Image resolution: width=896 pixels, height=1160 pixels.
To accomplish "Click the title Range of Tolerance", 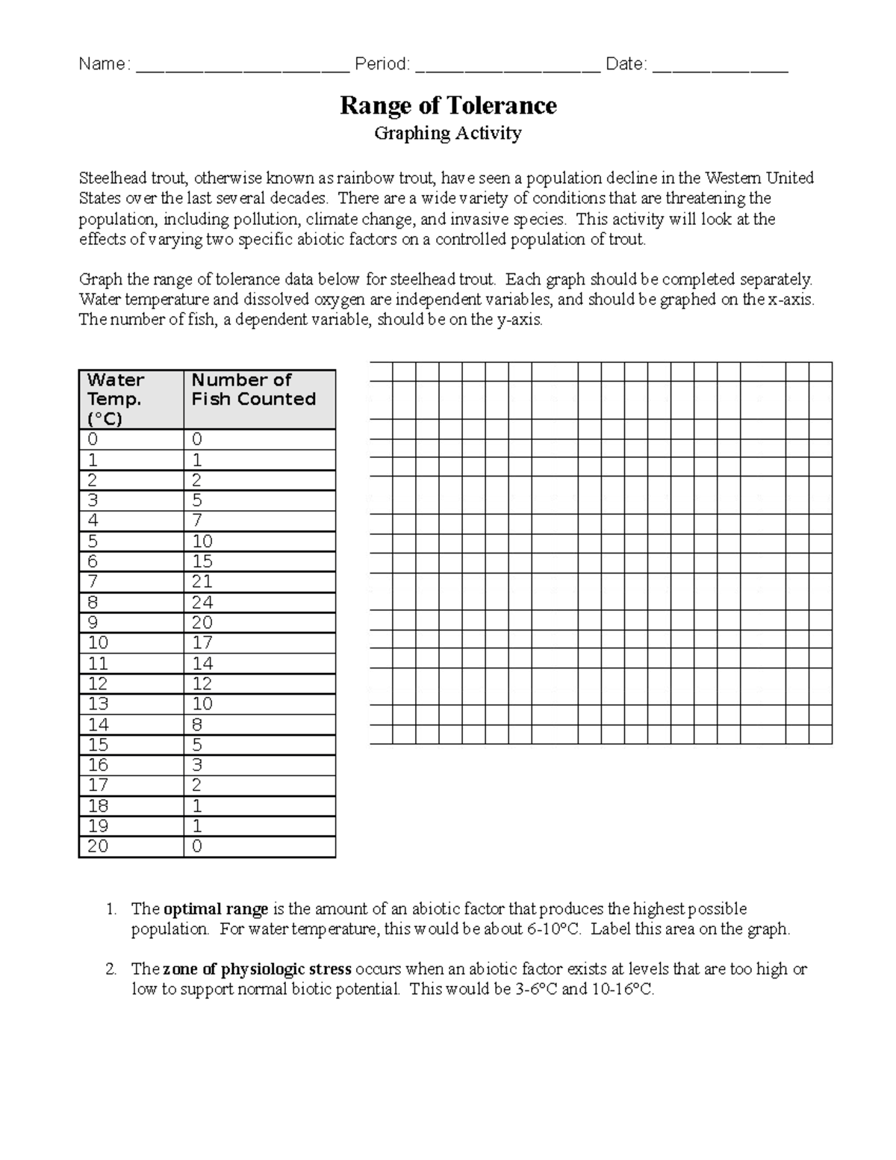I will click(x=448, y=105).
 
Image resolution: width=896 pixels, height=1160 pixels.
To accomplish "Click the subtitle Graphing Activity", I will click(x=448, y=134).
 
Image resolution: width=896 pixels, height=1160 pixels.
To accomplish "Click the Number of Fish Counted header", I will click(x=254, y=389).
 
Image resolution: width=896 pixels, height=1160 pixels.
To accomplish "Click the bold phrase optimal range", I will click(x=216, y=909).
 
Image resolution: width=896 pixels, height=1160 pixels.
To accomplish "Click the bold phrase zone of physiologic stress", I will click(x=257, y=970).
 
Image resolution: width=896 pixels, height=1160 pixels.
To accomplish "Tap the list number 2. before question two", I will click(x=111, y=970).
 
